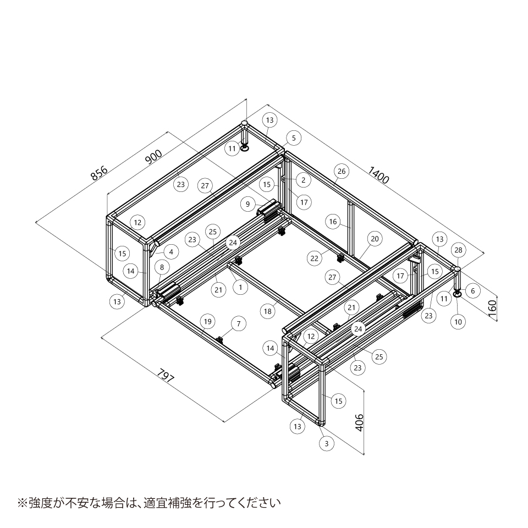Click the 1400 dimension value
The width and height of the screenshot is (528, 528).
[378, 175]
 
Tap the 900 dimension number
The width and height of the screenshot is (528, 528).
[153, 157]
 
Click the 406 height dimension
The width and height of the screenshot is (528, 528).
[360, 422]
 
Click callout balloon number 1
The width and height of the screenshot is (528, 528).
[240, 288]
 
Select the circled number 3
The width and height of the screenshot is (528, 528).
[327, 443]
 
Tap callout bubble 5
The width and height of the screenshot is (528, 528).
[294, 138]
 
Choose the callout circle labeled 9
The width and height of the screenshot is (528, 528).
[248, 204]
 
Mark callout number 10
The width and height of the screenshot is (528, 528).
[458, 322]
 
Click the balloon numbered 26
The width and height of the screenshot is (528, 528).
[342, 171]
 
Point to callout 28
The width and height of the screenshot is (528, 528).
[458, 250]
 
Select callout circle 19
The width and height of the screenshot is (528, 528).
[208, 321]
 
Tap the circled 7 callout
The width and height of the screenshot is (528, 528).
[239, 323]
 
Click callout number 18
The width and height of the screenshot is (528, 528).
[268, 311]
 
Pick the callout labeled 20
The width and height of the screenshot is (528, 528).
[375, 239]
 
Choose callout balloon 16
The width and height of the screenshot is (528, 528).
[333, 222]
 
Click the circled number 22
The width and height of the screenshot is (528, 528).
[314, 258]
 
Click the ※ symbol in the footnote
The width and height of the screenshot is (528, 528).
[22, 503]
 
